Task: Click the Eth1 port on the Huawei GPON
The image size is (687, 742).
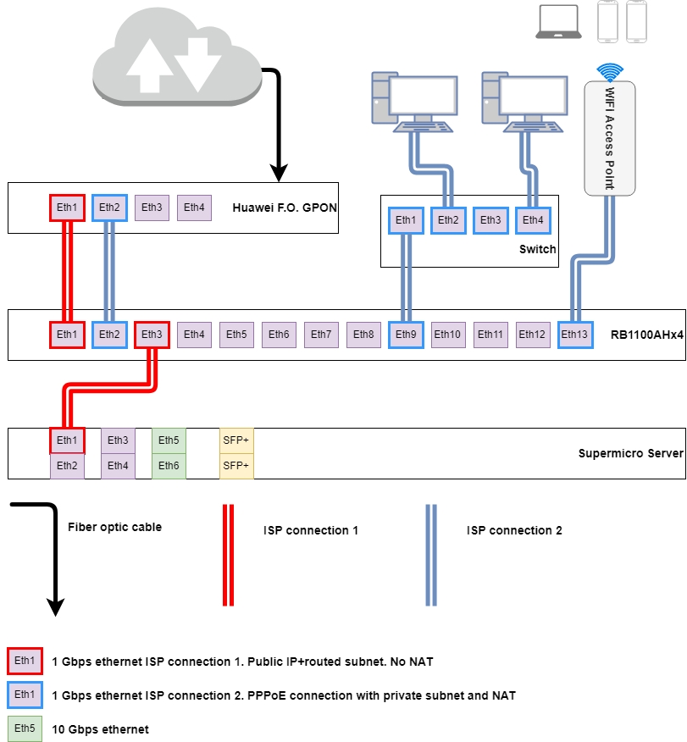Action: (x=67, y=208)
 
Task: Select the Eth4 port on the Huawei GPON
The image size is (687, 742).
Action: (x=194, y=208)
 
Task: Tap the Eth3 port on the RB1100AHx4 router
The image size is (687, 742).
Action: (x=152, y=335)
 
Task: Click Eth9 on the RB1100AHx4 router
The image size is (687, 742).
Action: (x=406, y=335)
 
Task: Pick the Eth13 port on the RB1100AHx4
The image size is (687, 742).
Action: (x=575, y=335)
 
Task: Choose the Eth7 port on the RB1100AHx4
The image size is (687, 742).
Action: (x=321, y=335)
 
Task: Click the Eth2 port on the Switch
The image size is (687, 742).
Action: (x=448, y=220)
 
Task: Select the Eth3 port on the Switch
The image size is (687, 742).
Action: (x=490, y=220)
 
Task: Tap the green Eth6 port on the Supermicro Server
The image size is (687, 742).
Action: (x=169, y=466)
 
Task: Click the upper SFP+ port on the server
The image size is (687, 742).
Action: (x=236, y=440)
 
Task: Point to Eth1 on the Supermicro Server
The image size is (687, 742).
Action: (x=67, y=440)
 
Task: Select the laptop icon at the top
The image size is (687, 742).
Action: (x=558, y=22)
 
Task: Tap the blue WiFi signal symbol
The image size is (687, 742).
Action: (x=609, y=71)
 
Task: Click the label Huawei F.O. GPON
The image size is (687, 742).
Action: (x=283, y=208)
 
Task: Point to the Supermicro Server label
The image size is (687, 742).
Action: (x=630, y=453)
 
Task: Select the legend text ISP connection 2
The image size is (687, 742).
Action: (x=514, y=530)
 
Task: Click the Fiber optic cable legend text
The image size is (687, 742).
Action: (x=114, y=527)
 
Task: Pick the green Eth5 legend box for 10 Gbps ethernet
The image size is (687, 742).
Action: (x=25, y=728)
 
